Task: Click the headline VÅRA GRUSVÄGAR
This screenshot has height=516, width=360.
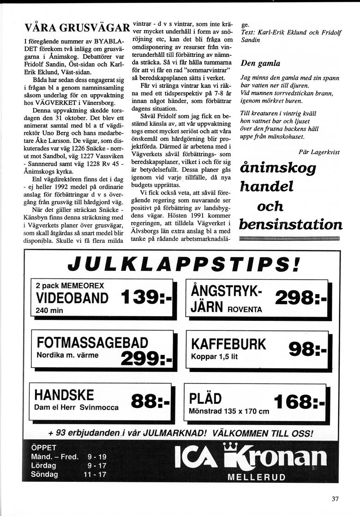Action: tap(77, 28)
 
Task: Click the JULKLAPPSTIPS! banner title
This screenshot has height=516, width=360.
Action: tap(183, 265)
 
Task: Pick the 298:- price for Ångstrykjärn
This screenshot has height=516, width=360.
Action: tap(300, 299)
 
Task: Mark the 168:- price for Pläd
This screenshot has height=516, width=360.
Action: tap(299, 402)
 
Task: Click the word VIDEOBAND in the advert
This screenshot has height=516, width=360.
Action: tap(72, 298)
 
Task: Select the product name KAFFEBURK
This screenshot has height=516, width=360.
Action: tap(228, 344)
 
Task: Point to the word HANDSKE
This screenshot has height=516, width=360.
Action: tap(64, 395)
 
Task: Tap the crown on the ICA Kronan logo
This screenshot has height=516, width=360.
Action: tap(230, 446)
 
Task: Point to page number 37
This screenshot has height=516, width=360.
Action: tap(335, 498)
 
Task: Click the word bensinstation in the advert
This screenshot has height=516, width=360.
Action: tap(290, 225)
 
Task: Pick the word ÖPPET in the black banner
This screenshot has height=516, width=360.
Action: tap(43, 447)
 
